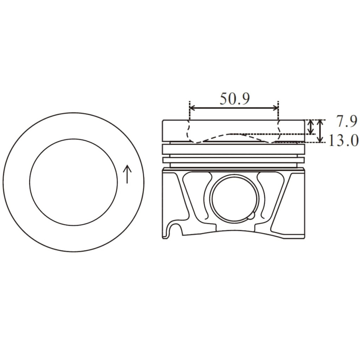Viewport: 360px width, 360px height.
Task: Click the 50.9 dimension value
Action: point(234,99)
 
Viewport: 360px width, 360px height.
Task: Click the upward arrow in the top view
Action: point(127,174)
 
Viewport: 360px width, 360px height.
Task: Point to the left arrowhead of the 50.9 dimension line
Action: point(192,108)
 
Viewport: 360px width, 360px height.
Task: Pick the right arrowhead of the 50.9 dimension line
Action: point(275,108)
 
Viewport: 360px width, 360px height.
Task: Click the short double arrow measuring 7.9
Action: point(311,127)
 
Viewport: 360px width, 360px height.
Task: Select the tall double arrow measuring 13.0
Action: point(320,131)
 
